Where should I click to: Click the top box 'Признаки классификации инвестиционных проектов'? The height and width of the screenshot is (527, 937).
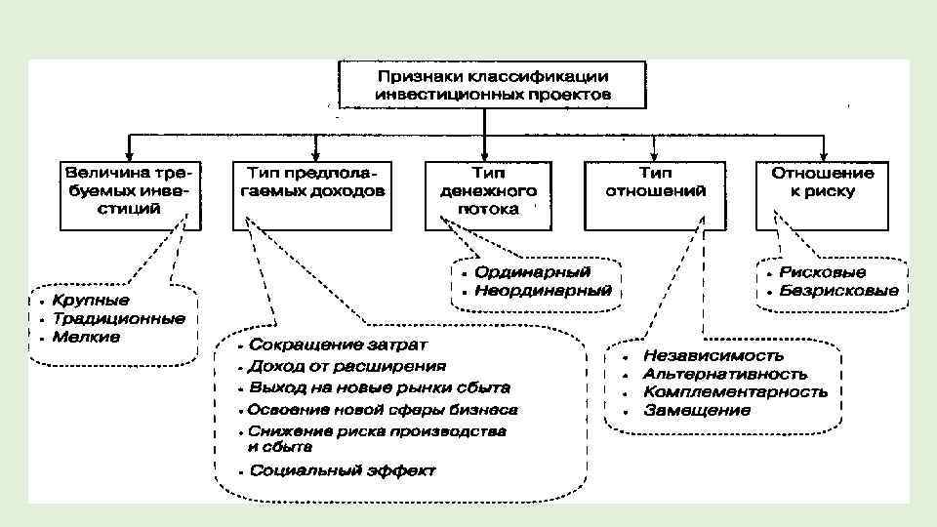(x=492, y=85)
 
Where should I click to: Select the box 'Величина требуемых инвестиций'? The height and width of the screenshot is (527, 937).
(x=131, y=190)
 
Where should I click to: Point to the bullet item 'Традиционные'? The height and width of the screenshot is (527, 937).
(x=118, y=318)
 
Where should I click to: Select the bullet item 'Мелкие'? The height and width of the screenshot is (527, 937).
(x=87, y=337)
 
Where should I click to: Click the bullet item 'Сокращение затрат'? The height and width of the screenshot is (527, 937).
(x=337, y=345)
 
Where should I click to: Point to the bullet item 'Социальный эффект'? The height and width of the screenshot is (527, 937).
(x=342, y=470)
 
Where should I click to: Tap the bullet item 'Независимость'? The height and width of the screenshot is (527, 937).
(x=713, y=355)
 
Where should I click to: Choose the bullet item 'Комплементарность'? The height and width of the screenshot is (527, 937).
(x=735, y=391)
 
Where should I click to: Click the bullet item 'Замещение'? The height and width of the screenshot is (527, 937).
(x=697, y=410)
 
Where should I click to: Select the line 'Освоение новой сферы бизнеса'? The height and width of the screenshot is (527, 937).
(x=382, y=409)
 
